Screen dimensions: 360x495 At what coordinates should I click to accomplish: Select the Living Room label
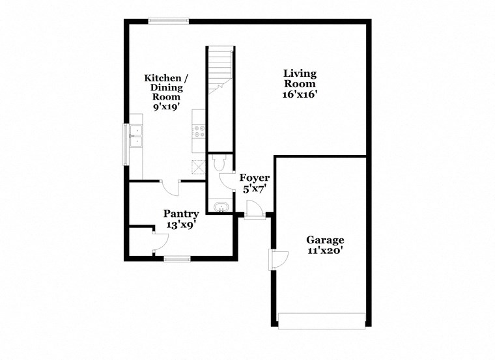(300, 78)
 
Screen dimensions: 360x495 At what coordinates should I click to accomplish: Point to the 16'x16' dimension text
(300, 94)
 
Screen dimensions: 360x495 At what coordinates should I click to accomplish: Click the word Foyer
(255, 178)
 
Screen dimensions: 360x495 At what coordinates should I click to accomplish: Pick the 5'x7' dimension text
(255, 189)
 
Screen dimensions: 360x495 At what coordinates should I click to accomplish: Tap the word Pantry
(181, 213)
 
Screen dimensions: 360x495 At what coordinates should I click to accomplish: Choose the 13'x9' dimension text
(181, 225)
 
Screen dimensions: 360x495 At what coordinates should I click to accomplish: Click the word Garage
(326, 240)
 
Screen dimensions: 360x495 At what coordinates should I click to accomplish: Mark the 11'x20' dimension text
(326, 250)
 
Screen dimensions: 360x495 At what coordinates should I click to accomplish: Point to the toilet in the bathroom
(218, 163)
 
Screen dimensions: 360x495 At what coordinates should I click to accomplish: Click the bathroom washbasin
(220, 208)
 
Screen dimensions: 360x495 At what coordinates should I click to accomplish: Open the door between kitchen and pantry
(170, 187)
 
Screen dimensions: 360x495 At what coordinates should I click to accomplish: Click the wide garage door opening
(322, 322)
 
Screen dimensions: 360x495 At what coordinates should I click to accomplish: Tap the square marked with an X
(198, 165)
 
